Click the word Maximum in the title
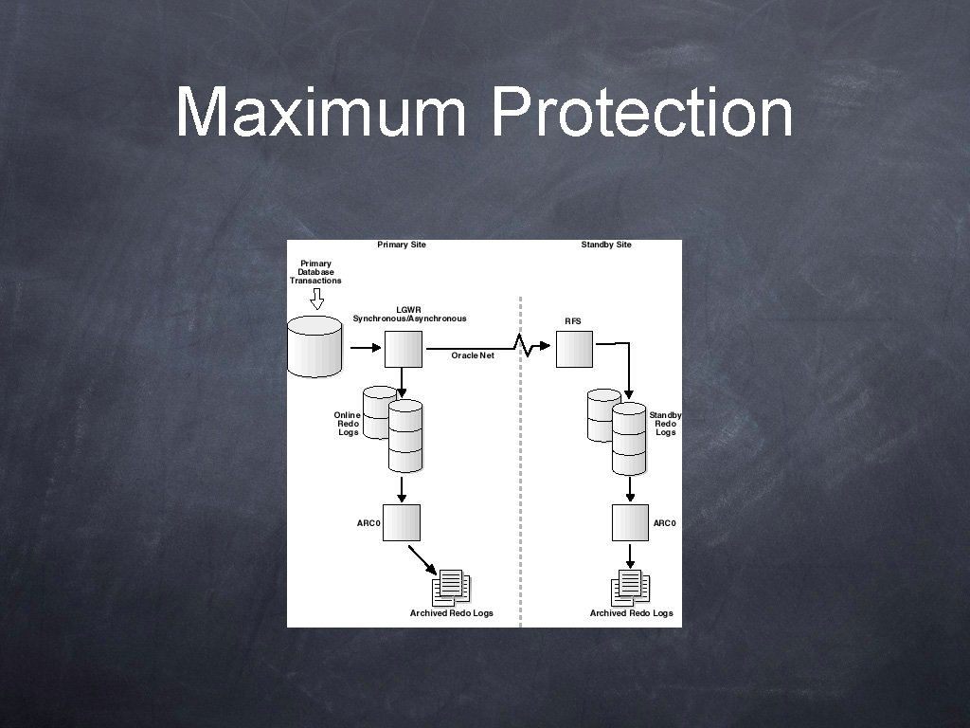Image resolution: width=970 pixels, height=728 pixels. click(320, 112)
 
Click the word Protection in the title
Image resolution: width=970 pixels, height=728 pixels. click(641, 112)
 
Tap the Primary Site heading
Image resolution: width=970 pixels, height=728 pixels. click(402, 245)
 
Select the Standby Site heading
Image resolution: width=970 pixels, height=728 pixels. click(606, 245)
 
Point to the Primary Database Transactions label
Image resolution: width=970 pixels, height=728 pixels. click(315, 272)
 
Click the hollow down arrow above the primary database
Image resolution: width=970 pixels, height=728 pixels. click(317, 300)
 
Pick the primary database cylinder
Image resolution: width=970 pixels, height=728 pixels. click(314, 347)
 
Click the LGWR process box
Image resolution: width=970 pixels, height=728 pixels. click(403, 349)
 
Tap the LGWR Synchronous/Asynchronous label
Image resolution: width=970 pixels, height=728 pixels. click(409, 314)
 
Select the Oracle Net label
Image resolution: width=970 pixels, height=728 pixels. click(473, 355)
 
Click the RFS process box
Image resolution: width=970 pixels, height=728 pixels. click(574, 349)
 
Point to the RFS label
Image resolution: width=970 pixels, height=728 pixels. click(573, 321)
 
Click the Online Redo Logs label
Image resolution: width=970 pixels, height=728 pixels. click(348, 424)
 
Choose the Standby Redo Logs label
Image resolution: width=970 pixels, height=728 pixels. click(665, 424)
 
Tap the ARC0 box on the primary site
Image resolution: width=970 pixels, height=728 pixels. click(402, 522)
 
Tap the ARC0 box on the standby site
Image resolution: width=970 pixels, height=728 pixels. click(630, 522)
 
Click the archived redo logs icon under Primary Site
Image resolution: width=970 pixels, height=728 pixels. click(451, 588)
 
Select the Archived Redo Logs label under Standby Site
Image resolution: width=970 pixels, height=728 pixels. click(632, 613)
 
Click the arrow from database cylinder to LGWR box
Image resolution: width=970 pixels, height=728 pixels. click(365, 348)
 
